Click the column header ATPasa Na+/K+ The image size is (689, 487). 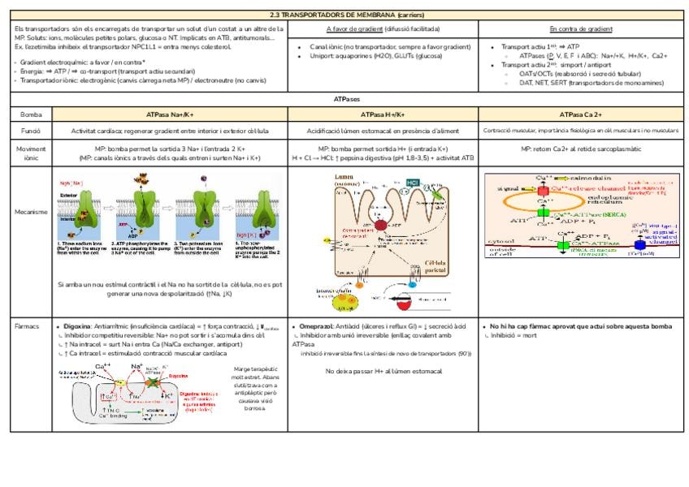pos(170,114)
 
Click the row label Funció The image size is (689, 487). pos(31,130)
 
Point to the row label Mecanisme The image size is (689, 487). pos(31,212)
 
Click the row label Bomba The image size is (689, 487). pos(31,114)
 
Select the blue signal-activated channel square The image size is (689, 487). pos(640,243)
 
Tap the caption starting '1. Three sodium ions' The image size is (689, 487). pos(79,248)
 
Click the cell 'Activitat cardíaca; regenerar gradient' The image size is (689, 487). pos(170,130)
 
